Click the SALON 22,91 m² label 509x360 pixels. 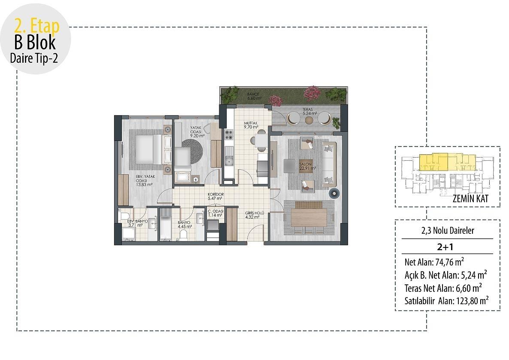307,166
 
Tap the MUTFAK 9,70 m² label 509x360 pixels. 251,125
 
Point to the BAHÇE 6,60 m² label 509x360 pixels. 251,96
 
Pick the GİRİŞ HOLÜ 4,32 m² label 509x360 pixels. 252,214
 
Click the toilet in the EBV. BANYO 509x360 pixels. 126,215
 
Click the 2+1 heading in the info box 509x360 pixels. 447,247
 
